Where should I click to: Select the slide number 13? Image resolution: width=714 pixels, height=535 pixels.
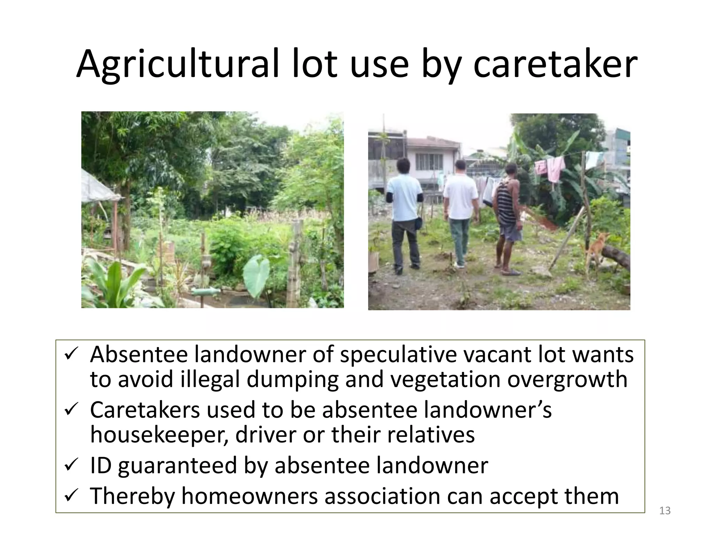[665, 511]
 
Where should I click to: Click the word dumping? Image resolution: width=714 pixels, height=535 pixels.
[293, 380]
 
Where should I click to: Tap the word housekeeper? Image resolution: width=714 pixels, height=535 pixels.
[159, 435]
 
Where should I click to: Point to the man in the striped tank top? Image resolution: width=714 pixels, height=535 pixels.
[508, 216]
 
